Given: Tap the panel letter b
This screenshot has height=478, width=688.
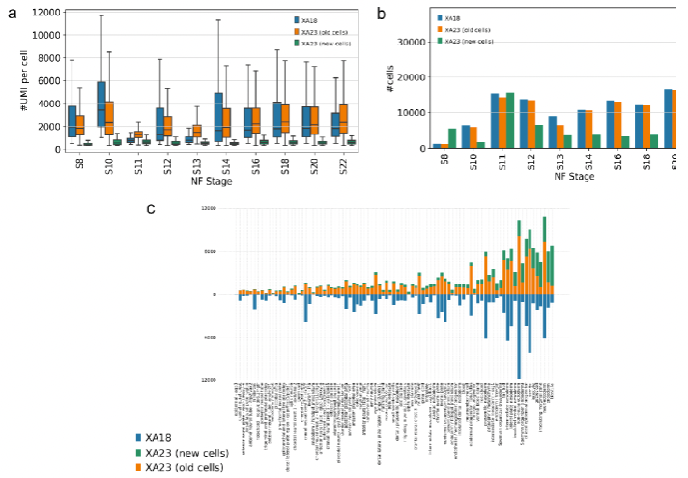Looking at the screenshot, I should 382,12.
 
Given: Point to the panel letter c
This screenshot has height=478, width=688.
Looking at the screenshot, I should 150,208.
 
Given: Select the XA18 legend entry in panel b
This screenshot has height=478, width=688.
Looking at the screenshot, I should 455,17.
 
